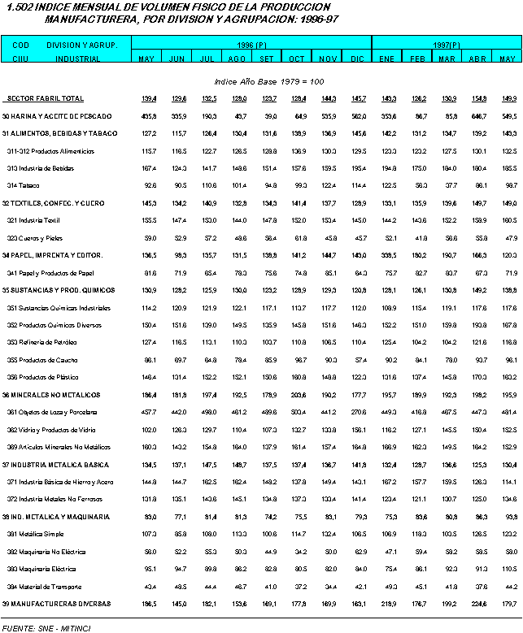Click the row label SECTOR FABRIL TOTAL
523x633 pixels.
coord(45,98)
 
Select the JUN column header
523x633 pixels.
coord(176,59)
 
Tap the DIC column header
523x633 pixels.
coord(357,59)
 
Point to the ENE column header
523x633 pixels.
coord(386,59)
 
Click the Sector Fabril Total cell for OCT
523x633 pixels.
coord(297,98)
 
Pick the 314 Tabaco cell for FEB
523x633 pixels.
coord(418,185)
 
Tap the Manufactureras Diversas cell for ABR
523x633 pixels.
coord(478,603)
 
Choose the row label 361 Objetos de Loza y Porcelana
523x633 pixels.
coord(49,412)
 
